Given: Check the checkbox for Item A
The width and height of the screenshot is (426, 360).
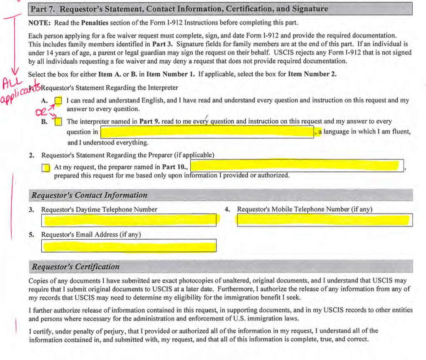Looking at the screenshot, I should pos(59,101).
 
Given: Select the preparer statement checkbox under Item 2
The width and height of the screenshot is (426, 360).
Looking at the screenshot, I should pos(46,167).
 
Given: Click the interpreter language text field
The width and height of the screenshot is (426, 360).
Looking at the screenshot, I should pos(207,132).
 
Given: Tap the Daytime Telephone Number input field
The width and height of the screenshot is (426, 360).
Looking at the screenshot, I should pos(129,220).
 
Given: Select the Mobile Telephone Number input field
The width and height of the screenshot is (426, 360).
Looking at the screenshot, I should pos(325,220).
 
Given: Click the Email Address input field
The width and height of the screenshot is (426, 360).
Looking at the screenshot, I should pos(129,246).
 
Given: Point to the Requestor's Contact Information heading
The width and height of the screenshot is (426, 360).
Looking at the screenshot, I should pos(90,195).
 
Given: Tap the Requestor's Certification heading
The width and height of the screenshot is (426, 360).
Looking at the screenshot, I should pos(76,267).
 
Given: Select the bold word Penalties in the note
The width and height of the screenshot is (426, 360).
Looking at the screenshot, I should pos(97,23).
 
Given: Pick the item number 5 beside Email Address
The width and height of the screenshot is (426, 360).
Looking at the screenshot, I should pos(31,235).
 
